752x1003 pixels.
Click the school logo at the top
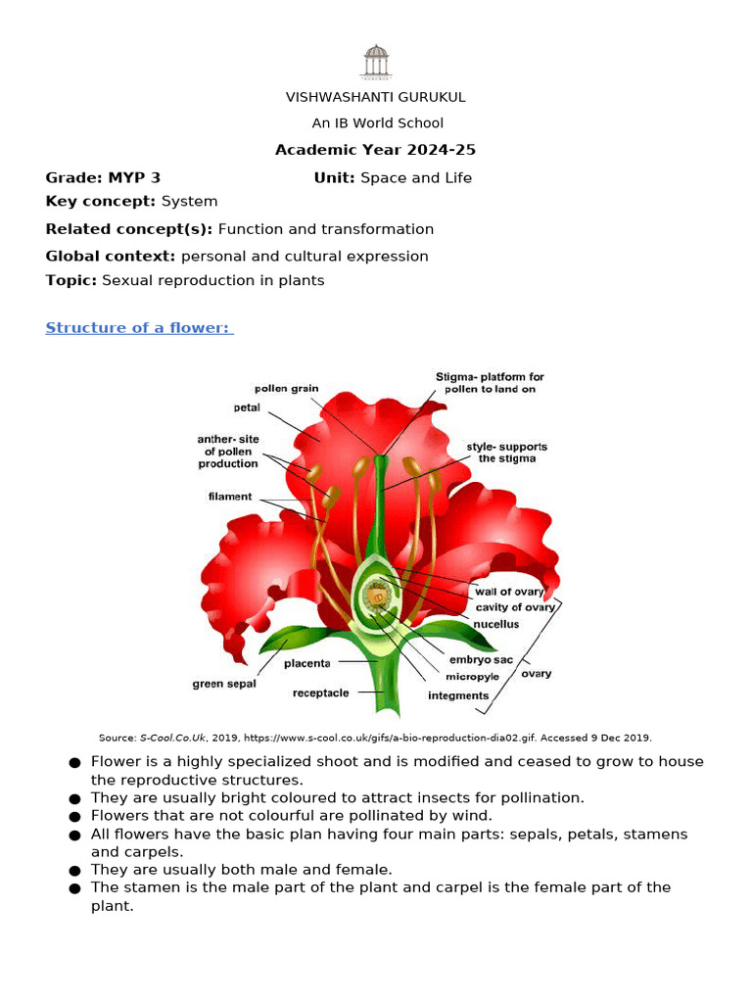pos(375,61)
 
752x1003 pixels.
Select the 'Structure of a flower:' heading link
pos(139,328)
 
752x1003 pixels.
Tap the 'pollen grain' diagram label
pos(287,389)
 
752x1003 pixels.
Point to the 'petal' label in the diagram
pos(246,406)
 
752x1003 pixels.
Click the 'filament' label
pos(230,497)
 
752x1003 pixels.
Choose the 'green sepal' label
pos(223,684)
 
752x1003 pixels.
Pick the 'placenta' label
pos(306,663)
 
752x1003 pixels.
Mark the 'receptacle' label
pos(320,693)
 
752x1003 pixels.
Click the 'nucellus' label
pos(497,624)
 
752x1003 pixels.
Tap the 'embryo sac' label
pos(481,660)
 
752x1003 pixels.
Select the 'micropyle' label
pos(472,677)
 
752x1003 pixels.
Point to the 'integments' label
pos(458,695)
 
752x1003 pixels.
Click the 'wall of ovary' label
pos(508,592)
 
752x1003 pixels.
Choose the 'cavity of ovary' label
pos(515,607)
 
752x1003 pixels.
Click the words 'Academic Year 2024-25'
pos(375,150)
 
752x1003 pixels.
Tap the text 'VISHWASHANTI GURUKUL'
pos(375,97)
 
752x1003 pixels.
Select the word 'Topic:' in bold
pos(71,280)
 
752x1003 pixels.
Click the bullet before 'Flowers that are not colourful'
pos(73,816)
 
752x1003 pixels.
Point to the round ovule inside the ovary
pos(375,596)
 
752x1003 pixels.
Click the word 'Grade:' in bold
pos(74,177)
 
